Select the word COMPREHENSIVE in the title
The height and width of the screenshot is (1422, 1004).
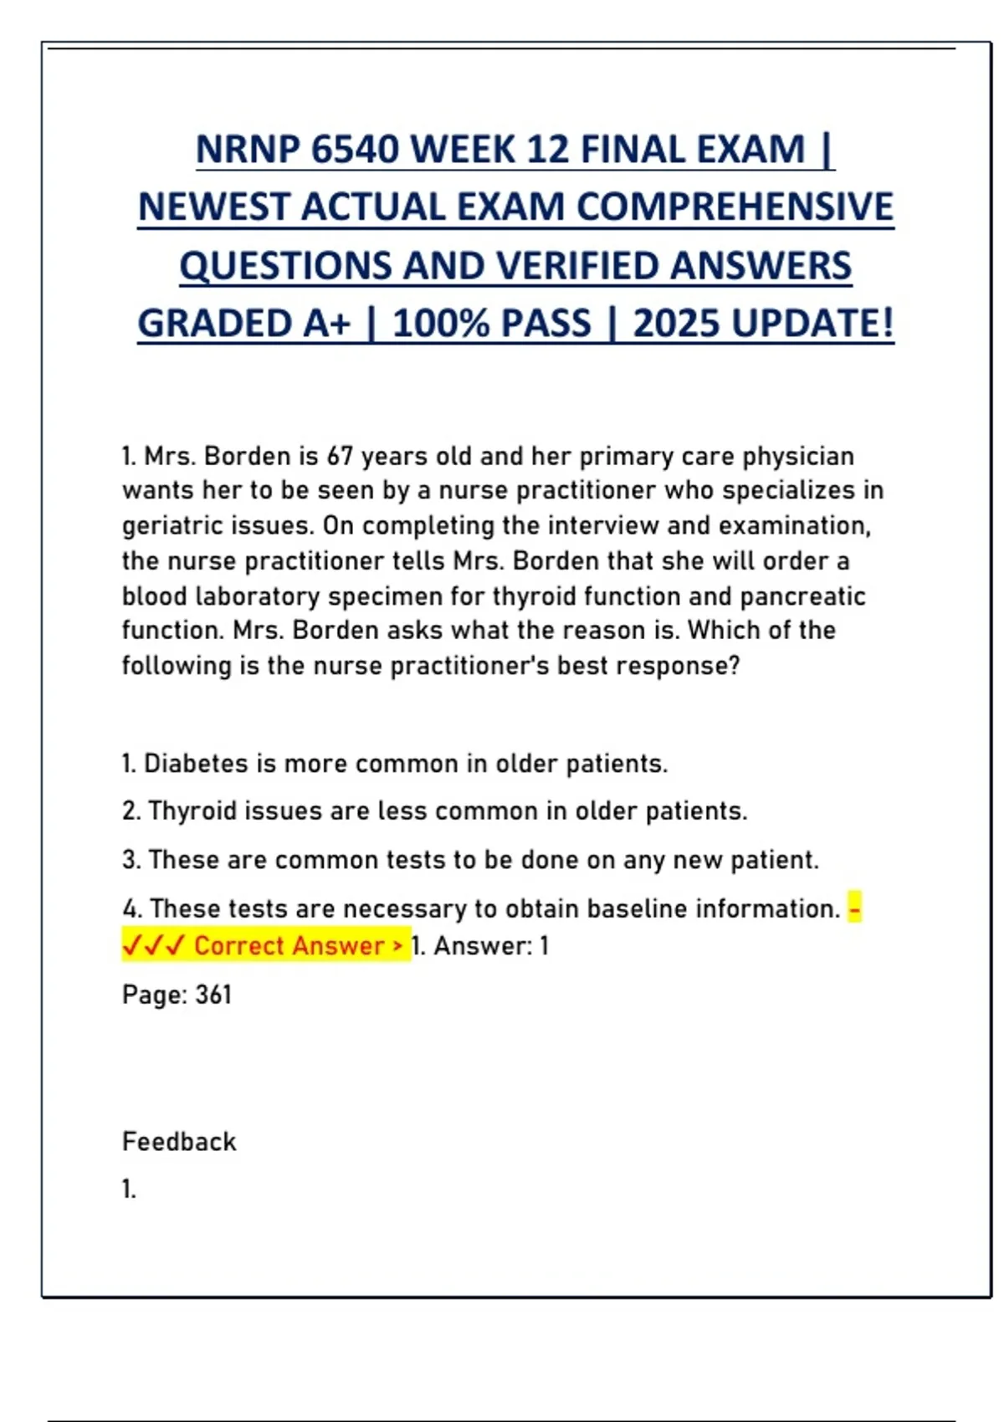pyautogui.click(x=735, y=207)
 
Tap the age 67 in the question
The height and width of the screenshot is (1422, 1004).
pyautogui.click(x=340, y=456)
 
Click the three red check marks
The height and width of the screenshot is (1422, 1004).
pyautogui.click(x=153, y=946)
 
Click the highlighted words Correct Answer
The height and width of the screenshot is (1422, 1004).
pyautogui.click(x=289, y=946)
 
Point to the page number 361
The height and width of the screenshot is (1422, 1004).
pyautogui.click(x=213, y=995)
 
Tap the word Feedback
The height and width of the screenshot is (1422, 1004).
pyautogui.click(x=179, y=1142)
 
